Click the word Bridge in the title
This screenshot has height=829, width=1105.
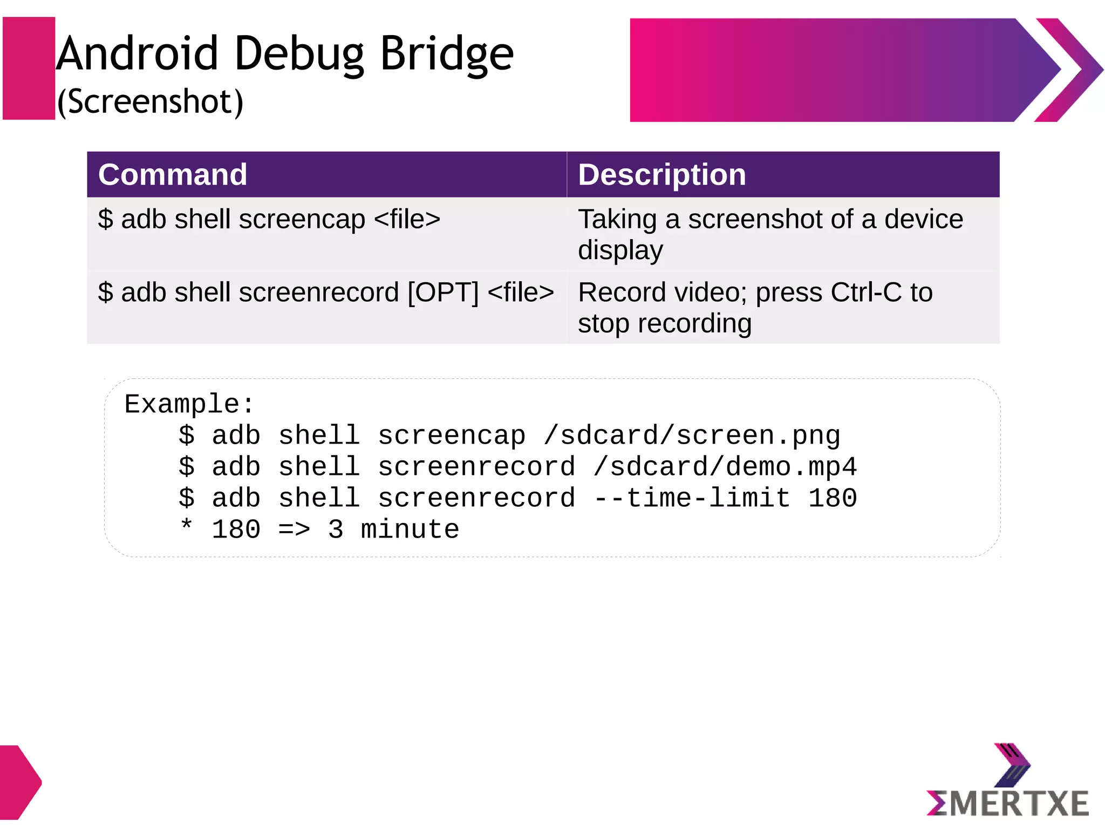pos(447,54)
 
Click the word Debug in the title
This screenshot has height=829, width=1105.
pos(299,54)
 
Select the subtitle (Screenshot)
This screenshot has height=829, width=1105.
pos(151,101)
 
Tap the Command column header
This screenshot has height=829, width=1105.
pos(173,175)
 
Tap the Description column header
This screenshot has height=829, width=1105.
pos(662,175)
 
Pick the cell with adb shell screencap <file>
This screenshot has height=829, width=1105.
pos(269,220)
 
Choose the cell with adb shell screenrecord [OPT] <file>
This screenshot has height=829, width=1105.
pos(326,293)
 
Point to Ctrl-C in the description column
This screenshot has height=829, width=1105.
pos(866,293)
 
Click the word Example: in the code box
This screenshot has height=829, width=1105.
pos(189,404)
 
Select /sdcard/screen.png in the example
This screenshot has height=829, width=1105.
pos(692,436)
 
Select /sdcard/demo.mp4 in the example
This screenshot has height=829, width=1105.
pos(725,467)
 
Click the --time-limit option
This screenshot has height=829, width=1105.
pos(692,498)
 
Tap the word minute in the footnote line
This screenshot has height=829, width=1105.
pos(410,529)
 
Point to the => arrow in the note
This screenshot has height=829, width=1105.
pos(295,529)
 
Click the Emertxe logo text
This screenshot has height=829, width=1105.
pos(1008,804)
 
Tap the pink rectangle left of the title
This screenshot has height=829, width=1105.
pos(29,68)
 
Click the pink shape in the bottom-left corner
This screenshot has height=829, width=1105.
pos(18,782)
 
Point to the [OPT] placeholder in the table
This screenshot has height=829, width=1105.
pos(443,293)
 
